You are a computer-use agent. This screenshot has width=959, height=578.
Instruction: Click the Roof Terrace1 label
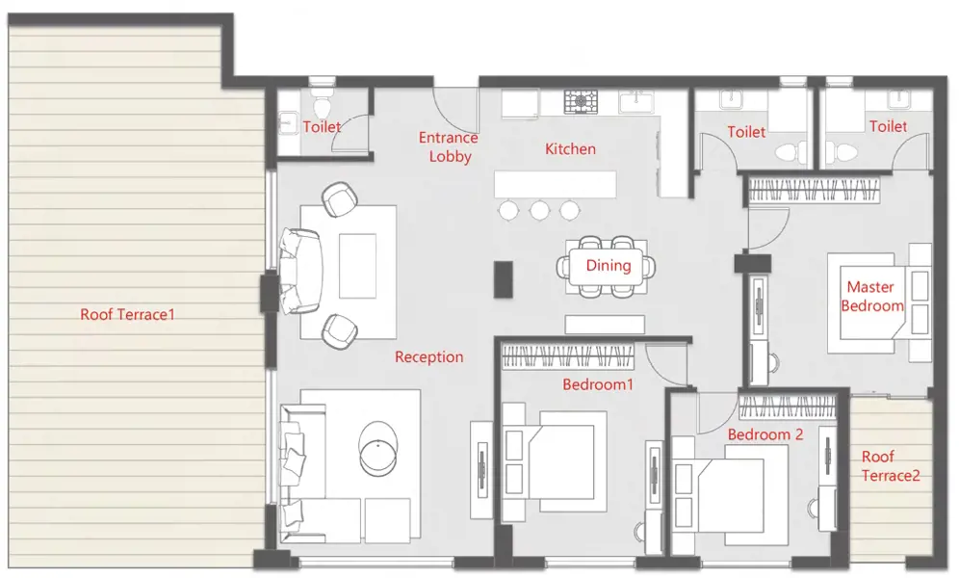click(x=127, y=314)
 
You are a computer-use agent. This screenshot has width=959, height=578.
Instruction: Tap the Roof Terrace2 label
click(x=891, y=466)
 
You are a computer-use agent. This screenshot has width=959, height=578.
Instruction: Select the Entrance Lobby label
click(x=449, y=146)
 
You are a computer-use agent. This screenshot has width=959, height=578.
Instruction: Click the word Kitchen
click(x=570, y=148)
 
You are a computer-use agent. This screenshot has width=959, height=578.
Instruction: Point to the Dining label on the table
click(x=608, y=266)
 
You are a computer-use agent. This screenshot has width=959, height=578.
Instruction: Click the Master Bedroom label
click(x=871, y=296)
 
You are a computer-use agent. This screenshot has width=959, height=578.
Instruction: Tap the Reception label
click(x=428, y=357)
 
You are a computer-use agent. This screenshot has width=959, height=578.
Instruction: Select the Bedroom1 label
click(x=598, y=384)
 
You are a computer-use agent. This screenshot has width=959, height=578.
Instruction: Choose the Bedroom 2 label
click(x=765, y=434)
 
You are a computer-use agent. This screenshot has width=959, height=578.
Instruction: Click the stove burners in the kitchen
click(x=581, y=101)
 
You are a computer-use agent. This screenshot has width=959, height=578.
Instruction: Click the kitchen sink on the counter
click(x=636, y=101)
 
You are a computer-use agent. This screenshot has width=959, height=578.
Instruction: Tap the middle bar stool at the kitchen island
click(x=539, y=210)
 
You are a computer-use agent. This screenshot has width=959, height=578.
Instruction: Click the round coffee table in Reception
click(x=378, y=448)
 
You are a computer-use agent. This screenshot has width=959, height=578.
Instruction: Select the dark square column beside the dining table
click(x=504, y=279)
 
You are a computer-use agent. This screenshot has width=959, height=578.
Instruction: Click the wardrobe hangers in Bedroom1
click(x=567, y=356)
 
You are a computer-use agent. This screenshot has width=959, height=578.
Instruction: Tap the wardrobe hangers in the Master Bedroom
click(x=814, y=190)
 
